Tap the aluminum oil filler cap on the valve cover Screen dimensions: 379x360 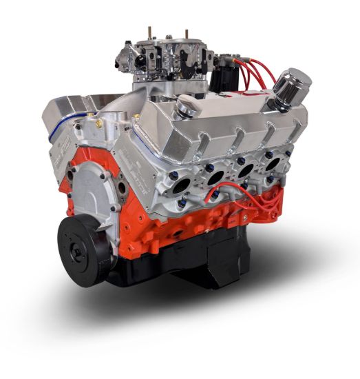[x=187, y=105]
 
